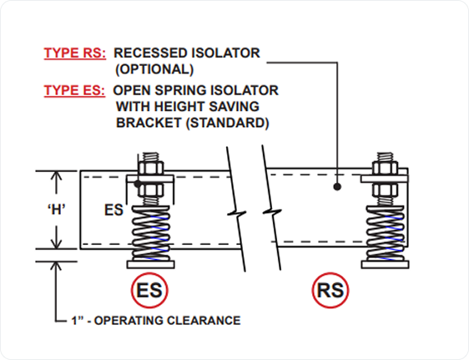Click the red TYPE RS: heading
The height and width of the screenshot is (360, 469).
point(75,53)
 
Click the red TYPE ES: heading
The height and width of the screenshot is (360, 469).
point(74,90)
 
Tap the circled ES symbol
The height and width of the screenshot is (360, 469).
point(149,290)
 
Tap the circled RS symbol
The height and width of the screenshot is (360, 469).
point(330,290)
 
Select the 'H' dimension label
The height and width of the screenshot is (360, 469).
point(57,210)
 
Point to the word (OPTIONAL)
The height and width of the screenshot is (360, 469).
point(154,69)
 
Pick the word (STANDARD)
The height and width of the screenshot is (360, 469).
point(228,123)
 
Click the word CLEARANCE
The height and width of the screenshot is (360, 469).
point(204,321)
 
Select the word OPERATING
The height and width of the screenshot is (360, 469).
point(129,321)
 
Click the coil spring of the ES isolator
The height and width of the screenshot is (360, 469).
point(151,233)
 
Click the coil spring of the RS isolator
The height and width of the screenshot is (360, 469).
point(386,233)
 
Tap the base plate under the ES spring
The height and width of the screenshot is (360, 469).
point(151,265)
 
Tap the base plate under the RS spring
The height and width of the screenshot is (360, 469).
point(386,265)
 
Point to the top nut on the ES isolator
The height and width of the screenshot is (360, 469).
point(151,168)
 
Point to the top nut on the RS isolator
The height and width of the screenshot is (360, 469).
point(386,168)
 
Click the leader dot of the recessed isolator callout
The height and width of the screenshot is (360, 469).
point(337,187)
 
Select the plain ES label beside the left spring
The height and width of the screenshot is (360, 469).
point(113,210)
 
